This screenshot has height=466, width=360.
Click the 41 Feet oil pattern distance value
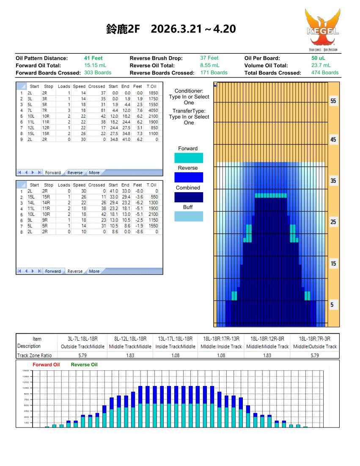pyautogui.click(x=93, y=58)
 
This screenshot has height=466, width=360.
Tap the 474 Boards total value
pyautogui.click(x=324, y=72)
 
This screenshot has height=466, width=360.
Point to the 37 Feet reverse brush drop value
pyautogui.click(x=209, y=58)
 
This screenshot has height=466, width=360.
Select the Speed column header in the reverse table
pyautogui.click(x=78, y=185)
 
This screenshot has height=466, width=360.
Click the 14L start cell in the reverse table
pyautogui.click(x=33, y=203)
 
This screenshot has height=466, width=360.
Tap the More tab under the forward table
pyautogui.click(x=94, y=173)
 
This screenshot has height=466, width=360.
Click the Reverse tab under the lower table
pyautogui.click(x=75, y=271)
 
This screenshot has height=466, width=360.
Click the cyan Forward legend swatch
pyautogui.click(x=189, y=158)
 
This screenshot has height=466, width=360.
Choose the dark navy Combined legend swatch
pyautogui.click(x=189, y=197)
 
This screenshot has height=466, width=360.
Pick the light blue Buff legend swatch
pyautogui.click(x=189, y=217)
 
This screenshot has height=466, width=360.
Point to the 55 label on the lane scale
pyautogui.click(x=334, y=102)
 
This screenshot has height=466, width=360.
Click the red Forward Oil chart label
pyautogui.click(x=46, y=364)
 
